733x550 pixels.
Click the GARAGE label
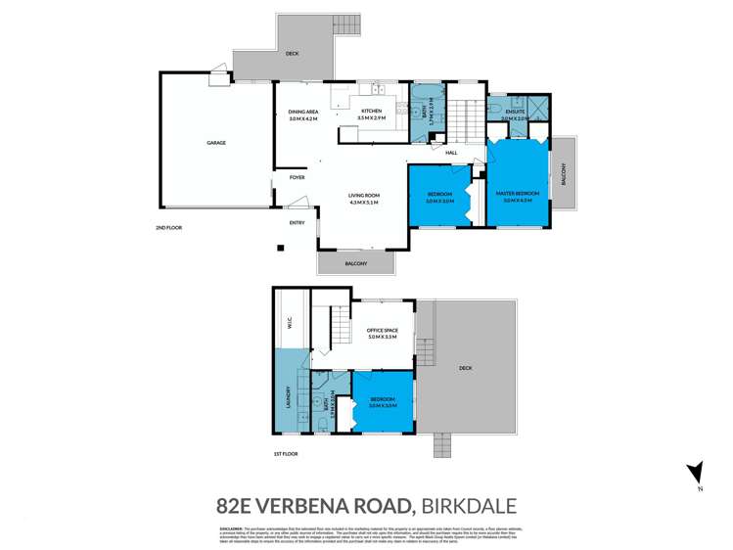point(215,143)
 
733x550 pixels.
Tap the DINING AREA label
point(301,112)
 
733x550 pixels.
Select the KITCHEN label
point(372,112)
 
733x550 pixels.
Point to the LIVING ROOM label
point(363,197)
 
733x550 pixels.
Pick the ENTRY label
point(298,222)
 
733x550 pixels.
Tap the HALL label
point(451,153)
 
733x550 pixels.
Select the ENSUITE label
point(515,112)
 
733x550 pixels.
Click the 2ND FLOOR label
point(168,228)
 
